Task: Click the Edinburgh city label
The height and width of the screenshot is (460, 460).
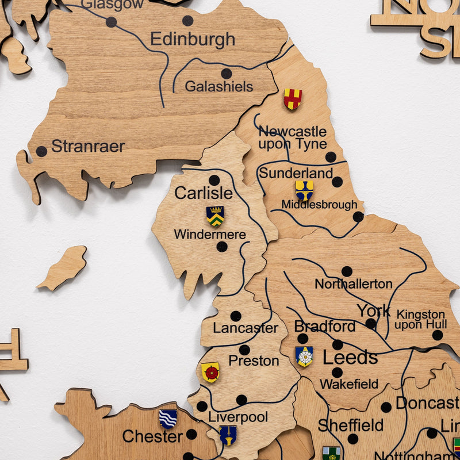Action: point(193,40)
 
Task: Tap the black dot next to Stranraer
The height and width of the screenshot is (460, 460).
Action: point(41,152)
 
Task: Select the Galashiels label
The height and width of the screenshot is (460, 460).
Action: point(218,87)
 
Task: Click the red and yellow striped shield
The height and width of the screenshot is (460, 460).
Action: point(292,99)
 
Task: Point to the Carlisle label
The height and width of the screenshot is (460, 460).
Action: point(203,193)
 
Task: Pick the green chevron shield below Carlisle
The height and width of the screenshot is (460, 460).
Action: point(215,216)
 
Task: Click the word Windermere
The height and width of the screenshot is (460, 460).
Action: point(210,235)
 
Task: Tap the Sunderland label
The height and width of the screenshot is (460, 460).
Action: point(296,173)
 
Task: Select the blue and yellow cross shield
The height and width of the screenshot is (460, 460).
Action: point(304,190)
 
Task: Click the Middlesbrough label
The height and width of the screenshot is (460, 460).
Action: point(319,205)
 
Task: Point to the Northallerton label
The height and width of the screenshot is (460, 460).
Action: point(353,284)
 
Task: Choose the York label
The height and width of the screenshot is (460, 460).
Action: point(373,311)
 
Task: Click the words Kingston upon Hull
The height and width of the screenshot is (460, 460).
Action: point(420,320)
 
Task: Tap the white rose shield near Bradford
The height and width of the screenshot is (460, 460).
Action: point(304,356)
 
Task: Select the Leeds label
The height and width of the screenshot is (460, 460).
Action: point(350,358)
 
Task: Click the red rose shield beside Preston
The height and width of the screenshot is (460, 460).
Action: point(210,372)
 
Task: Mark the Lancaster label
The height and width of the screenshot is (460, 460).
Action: point(246,328)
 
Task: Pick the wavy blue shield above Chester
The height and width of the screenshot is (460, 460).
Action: point(168,418)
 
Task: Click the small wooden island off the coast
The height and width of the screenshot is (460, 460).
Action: point(63,267)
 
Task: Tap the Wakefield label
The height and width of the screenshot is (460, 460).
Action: point(349,384)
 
